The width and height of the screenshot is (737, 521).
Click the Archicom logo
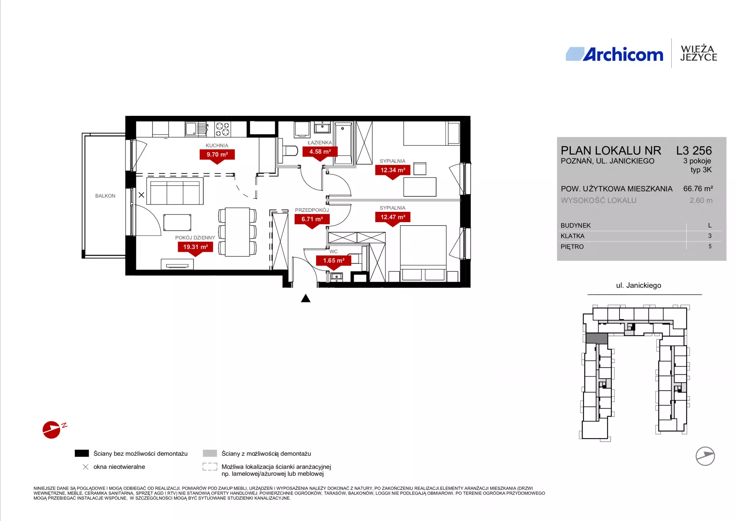tap(614, 54)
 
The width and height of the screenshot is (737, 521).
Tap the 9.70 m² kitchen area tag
tap(217, 155)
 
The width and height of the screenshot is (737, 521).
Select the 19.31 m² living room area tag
tap(195, 247)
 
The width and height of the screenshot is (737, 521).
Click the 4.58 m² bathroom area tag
tap(320, 152)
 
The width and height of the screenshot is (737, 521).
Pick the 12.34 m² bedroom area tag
tap(393, 170)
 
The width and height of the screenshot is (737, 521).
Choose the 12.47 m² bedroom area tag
tap(393, 217)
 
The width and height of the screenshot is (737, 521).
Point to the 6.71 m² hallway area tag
tap(312, 219)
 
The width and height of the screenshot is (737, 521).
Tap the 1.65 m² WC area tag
tap(334, 260)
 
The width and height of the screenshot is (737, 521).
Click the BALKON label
tap(105, 196)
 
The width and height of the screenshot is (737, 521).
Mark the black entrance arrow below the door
tap(306, 298)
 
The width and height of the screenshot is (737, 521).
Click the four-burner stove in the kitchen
tap(223, 129)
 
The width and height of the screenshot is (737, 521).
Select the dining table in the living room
tap(238, 232)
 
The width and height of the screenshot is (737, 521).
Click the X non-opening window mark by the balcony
tap(141, 195)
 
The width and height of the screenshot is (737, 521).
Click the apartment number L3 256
tap(694, 150)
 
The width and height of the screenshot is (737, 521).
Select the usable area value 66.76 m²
tap(698, 189)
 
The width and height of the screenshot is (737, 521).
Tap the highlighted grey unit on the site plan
tap(597, 338)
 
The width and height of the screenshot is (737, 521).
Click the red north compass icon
tap(52, 430)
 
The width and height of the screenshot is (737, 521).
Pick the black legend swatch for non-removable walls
tap(82, 453)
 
